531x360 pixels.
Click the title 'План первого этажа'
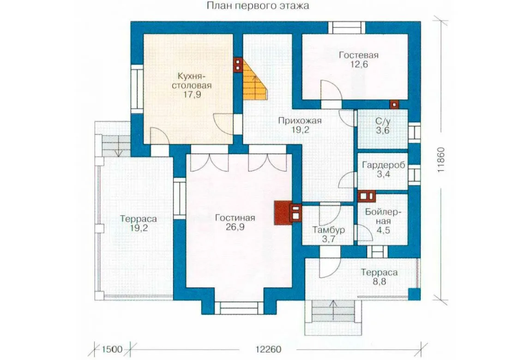click(x=257, y=6)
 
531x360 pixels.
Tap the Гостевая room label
click(x=359, y=55)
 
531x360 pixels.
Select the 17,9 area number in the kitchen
click(x=193, y=95)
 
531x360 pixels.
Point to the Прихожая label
click(x=300, y=120)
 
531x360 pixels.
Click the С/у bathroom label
click(x=383, y=121)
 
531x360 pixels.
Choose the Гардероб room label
click(x=383, y=165)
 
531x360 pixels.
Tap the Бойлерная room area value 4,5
click(x=383, y=231)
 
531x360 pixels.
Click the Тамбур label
click(x=328, y=230)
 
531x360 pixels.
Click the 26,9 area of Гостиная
click(x=235, y=227)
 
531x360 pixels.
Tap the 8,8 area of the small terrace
click(x=379, y=282)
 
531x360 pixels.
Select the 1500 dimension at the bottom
click(x=112, y=349)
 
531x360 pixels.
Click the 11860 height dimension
click(x=440, y=160)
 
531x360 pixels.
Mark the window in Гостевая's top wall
click(x=346, y=27)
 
